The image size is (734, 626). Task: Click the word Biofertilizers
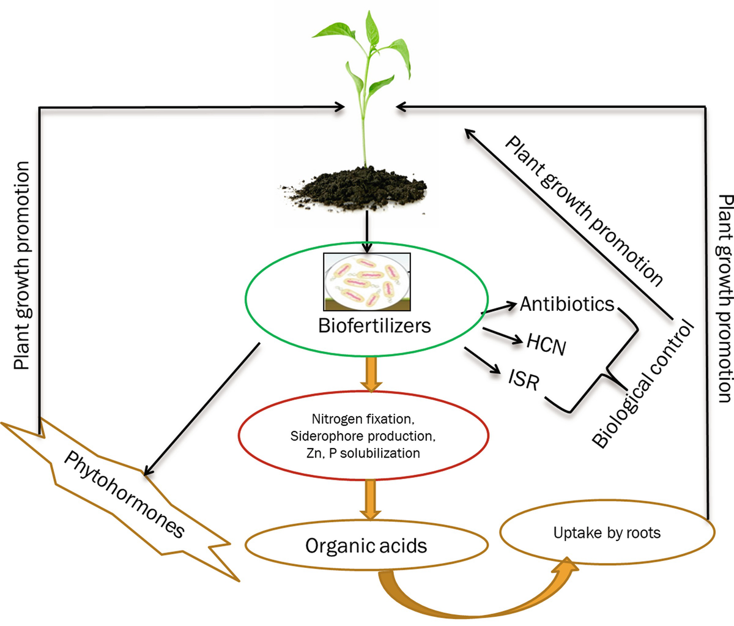click(374, 325)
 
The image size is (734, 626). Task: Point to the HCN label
click(546, 344)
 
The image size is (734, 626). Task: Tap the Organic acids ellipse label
click(366, 545)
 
